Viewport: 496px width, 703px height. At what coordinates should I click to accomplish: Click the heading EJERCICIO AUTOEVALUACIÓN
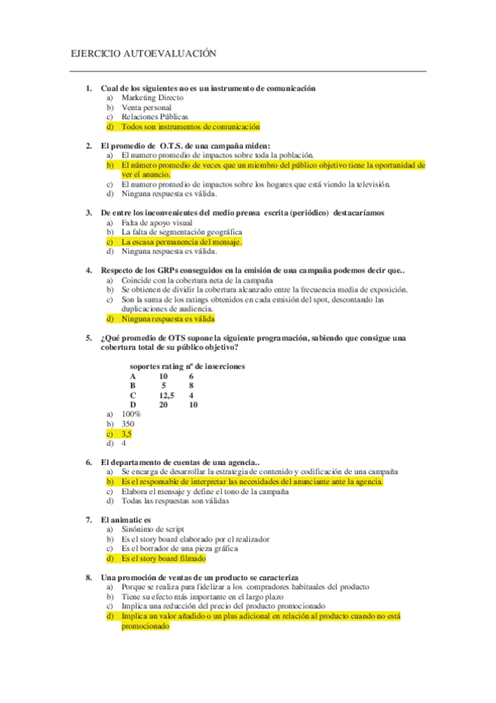click(x=143, y=53)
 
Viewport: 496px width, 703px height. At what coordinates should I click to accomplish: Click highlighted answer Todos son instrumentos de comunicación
click(x=190, y=127)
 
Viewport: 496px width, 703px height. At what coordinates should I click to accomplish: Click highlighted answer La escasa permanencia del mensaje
click(x=181, y=242)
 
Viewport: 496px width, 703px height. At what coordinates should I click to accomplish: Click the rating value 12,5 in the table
click(x=166, y=395)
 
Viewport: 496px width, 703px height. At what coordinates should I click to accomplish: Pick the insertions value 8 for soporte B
click(x=191, y=385)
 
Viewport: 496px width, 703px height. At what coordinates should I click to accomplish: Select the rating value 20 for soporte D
click(x=163, y=405)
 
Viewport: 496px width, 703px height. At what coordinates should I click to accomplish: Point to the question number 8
click(x=88, y=577)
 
